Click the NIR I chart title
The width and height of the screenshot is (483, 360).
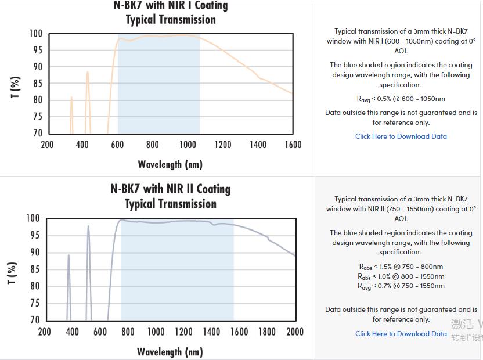click(170, 12)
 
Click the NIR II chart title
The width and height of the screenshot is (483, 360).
click(170, 196)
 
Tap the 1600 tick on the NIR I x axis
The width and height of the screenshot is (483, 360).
click(293, 145)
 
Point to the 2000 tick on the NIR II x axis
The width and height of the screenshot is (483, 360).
click(295, 332)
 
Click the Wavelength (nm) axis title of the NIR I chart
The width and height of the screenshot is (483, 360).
click(170, 164)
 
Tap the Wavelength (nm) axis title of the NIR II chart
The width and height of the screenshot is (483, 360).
click(170, 352)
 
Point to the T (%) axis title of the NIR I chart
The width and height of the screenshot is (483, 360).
click(16, 88)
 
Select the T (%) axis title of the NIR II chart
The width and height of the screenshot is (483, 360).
click(12, 273)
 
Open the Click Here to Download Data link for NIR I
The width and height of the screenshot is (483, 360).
click(401, 136)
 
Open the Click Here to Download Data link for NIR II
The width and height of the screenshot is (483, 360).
click(401, 334)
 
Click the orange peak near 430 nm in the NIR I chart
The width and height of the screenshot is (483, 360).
click(88, 73)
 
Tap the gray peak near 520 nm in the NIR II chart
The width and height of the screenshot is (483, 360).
click(88, 227)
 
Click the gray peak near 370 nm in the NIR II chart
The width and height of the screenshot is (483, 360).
click(69, 255)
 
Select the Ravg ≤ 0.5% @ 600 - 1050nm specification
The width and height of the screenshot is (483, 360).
click(401, 99)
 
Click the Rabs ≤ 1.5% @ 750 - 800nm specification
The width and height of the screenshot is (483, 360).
click(401, 267)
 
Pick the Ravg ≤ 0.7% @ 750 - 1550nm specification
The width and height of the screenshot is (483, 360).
click(401, 286)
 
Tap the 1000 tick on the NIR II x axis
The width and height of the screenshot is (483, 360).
click(156, 332)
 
